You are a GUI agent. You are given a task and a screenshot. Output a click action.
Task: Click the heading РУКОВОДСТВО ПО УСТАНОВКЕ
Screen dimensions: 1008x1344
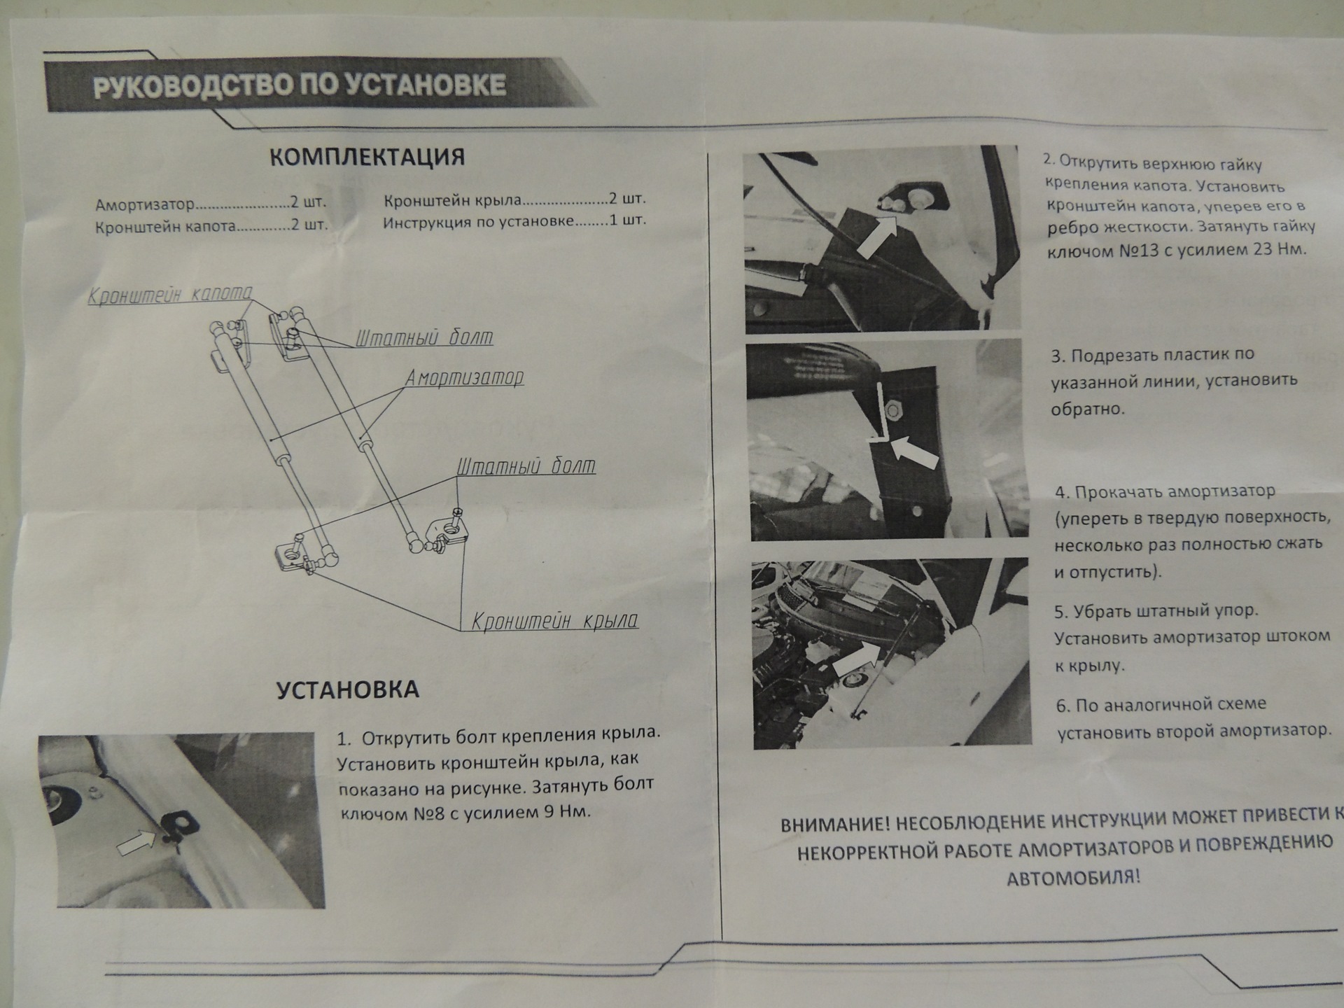tap(300, 85)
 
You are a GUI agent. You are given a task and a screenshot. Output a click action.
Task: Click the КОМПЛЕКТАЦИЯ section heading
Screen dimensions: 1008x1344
tap(367, 157)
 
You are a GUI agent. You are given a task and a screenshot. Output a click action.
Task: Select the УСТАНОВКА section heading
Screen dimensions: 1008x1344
tap(348, 689)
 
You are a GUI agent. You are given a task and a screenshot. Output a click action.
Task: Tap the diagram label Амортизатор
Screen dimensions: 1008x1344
tap(465, 378)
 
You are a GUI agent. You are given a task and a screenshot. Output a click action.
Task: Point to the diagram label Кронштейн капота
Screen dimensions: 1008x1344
tap(170, 294)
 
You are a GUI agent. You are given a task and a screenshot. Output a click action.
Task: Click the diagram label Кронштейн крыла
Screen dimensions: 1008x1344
tap(554, 621)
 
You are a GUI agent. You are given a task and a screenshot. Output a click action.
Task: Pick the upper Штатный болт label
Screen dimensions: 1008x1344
tap(424, 338)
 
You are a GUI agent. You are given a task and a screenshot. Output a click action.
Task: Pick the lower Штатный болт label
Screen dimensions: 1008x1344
tap(526, 466)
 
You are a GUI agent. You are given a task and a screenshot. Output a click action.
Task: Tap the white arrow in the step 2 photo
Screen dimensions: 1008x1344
tap(876, 234)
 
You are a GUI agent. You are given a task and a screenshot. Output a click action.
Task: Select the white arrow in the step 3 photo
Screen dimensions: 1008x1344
tap(916, 452)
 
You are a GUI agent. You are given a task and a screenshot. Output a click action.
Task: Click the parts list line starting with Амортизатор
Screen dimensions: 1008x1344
tap(211, 204)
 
